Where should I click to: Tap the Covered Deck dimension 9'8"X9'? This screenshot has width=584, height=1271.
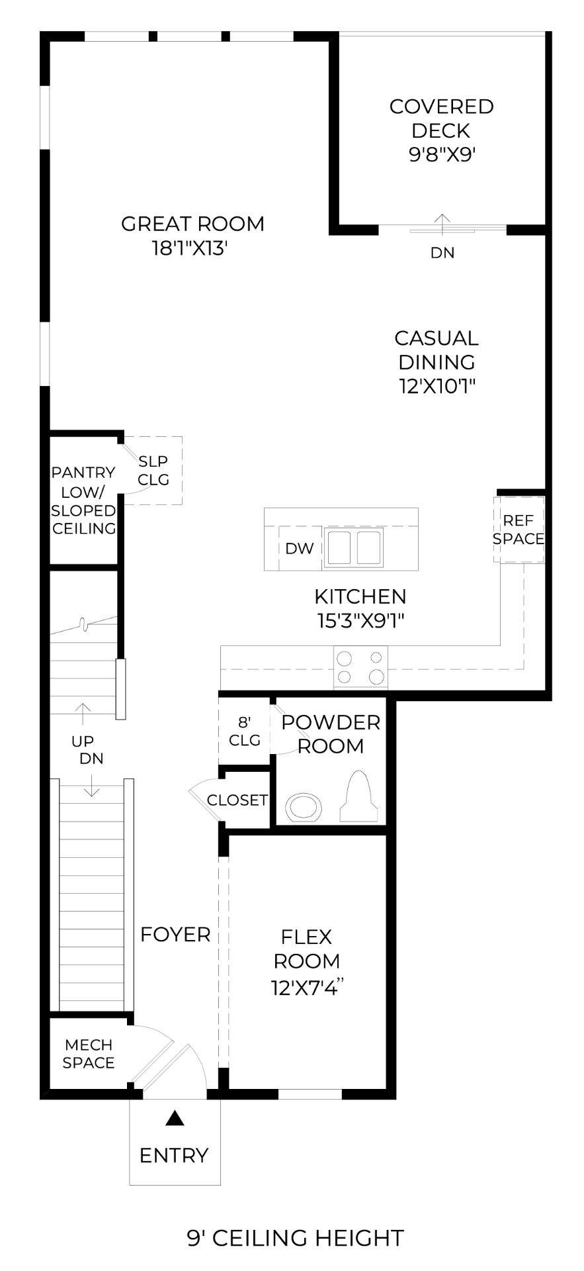pyautogui.click(x=442, y=154)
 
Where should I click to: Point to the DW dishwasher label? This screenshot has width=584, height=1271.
pyautogui.click(x=300, y=548)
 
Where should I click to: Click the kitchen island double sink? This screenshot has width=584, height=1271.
pyautogui.click(x=353, y=547)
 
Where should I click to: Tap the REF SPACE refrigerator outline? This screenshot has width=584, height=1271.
pyautogui.click(x=519, y=530)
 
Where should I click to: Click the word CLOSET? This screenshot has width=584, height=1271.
pyautogui.click(x=237, y=800)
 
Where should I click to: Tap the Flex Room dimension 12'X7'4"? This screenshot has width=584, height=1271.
pyautogui.click(x=309, y=988)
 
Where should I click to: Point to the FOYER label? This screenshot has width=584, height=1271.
pyautogui.click(x=175, y=934)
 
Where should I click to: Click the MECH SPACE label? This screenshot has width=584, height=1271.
pyautogui.click(x=89, y=1053)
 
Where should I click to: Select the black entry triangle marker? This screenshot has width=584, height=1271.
pyautogui.click(x=174, y=1117)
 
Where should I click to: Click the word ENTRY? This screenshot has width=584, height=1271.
pyautogui.click(x=174, y=1155)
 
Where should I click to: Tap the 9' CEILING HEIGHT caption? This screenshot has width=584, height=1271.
pyautogui.click(x=295, y=1237)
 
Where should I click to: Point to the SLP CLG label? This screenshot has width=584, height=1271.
pyautogui.click(x=153, y=470)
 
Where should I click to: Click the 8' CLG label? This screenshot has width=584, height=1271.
pyautogui.click(x=245, y=731)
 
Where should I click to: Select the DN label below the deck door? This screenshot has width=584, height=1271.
pyautogui.click(x=442, y=252)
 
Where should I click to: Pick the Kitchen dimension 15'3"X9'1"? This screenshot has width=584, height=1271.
pyautogui.click(x=360, y=620)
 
